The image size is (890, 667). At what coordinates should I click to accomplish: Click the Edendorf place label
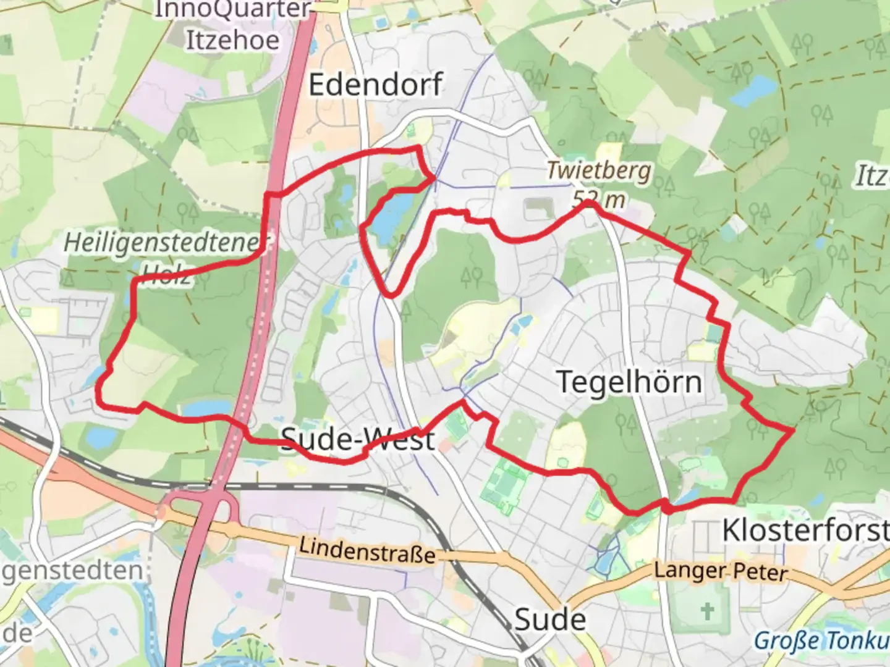pyautogui.click(x=375, y=85)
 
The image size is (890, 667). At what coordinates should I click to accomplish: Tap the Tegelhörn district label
pyautogui.click(x=629, y=382)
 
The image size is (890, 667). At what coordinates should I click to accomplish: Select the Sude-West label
pyautogui.click(x=358, y=440)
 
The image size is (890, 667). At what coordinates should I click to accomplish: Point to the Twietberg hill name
pyautogui.click(x=598, y=170)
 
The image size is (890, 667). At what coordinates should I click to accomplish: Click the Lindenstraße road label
pyautogui.click(x=367, y=550)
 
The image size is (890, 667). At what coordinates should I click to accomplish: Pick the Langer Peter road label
pyautogui.click(x=721, y=571)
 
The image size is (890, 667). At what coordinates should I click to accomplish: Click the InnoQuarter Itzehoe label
pyautogui.click(x=233, y=25)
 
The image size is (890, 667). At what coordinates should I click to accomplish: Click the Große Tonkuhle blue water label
pyautogui.click(x=822, y=640)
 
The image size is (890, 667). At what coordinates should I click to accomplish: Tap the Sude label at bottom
pyautogui.click(x=550, y=619)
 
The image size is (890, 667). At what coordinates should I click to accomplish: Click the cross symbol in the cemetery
pyautogui.click(x=707, y=611)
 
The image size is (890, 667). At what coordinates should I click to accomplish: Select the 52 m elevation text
pyautogui.click(x=598, y=199)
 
